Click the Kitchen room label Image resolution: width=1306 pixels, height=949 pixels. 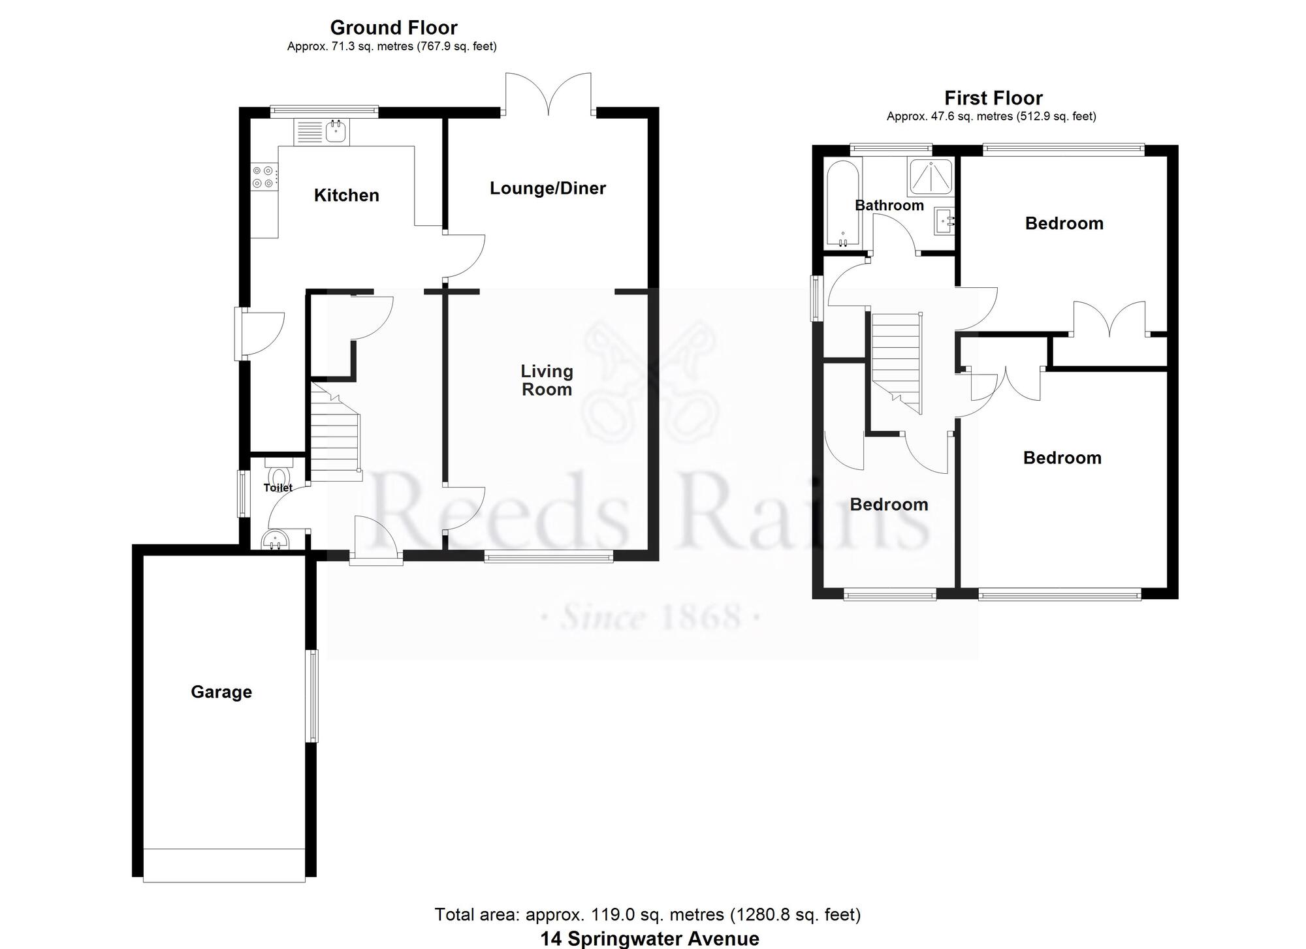(346, 195)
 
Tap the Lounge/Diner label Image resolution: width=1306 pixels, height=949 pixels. (548, 188)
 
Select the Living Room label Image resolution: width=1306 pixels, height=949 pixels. (547, 380)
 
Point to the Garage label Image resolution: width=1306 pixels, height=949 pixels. (221, 692)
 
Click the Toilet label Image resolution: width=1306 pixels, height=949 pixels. (278, 488)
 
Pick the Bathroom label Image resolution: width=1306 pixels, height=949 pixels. (889, 205)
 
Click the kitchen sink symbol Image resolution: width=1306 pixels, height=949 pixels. (322, 131)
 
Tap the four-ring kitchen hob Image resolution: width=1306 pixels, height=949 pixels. (264, 177)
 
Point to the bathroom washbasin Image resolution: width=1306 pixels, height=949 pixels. (944, 221)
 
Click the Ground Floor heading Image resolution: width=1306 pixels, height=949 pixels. (394, 27)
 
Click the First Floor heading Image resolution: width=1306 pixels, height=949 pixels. (993, 98)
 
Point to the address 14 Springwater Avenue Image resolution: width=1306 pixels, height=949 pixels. (650, 939)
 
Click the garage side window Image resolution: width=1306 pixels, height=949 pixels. (313, 696)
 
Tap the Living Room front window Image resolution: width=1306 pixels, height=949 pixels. (549, 556)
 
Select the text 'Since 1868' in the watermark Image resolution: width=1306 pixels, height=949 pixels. (651, 617)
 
